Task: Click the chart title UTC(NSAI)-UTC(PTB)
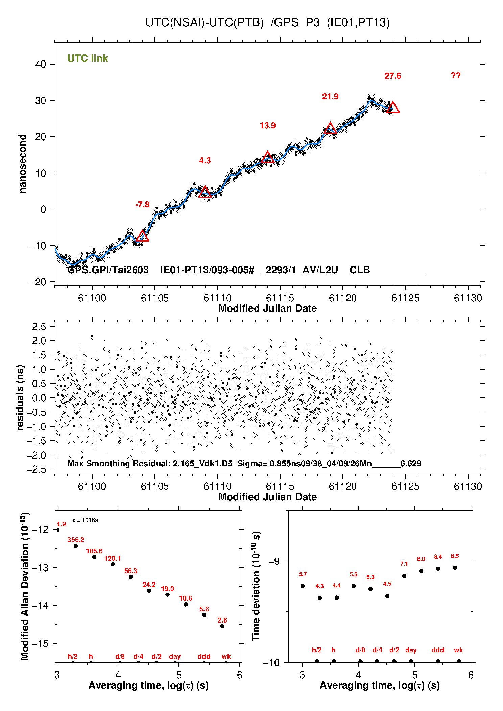point(205,23)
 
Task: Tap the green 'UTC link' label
point(88,58)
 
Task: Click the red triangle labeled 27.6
point(393,108)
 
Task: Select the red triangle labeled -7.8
point(142,236)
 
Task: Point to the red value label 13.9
point(267,126)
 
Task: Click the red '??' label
point(455,76)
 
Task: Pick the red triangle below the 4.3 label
point(205,192)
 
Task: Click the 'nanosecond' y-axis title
point(23,164)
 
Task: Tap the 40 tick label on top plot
point(41,64)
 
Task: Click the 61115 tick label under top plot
point(280,298)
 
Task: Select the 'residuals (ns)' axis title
point(20,398)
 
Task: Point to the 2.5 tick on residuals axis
point(39,327)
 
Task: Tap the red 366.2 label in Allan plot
point(76,540)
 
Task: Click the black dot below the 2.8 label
point(222,626)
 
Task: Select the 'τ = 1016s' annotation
point(85,520)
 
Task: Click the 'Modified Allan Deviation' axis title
point(24,587)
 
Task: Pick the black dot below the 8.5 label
point(455,568)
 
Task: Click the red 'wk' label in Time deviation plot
point(458,650)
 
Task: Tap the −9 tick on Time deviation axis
point(274,561)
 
